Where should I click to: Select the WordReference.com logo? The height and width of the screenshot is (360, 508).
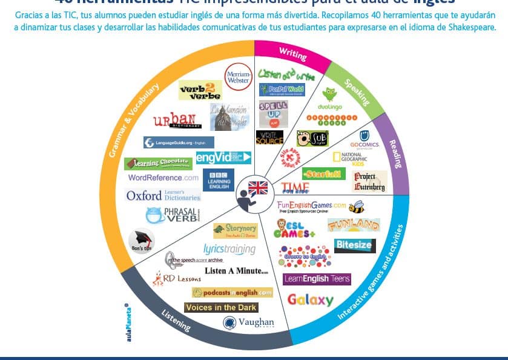[163, 178]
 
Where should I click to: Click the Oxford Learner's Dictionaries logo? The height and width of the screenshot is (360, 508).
[163, 195]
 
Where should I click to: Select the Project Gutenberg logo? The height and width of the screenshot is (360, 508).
[369, 181]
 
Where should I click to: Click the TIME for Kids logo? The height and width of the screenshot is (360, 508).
[295, 187]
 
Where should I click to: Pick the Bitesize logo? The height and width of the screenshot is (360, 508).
[355, 245]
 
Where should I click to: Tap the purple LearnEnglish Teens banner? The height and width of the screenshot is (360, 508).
[317, 279]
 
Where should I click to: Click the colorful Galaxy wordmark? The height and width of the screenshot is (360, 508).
[310, 299]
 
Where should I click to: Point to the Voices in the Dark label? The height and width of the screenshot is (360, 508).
[221, 307]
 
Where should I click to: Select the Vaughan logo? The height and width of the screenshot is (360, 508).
[249, 322]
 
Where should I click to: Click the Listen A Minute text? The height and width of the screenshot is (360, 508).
[236, 271]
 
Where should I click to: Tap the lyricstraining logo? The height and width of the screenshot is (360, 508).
[229, 249]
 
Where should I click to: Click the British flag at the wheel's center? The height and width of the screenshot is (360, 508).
[258, 188]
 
